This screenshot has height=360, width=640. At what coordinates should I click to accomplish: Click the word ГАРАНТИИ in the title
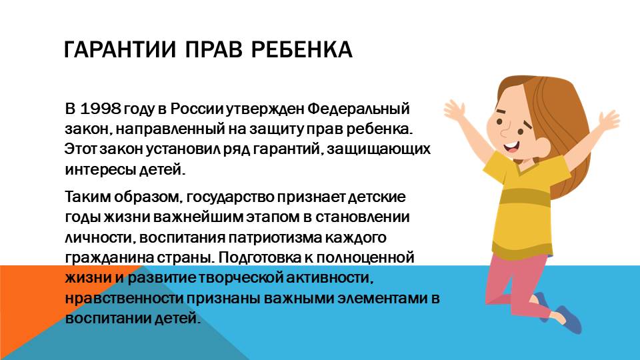click(120, 50)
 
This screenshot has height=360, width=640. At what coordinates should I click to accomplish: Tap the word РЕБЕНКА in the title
click(301, 50)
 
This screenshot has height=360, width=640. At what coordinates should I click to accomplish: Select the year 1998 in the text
click(101, 109)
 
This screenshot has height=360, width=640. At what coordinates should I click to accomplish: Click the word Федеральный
click(359, 109)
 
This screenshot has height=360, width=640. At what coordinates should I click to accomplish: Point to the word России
click(197, 109)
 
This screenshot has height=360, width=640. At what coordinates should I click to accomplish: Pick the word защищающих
click(379, 149)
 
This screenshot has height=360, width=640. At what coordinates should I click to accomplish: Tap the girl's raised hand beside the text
click(455, 109)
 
